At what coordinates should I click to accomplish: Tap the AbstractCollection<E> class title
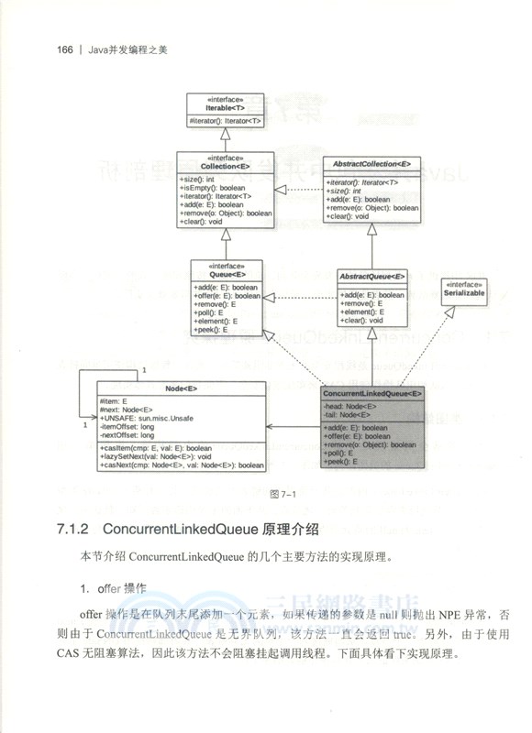coord(371,165)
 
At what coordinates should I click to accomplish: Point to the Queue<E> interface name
coord(227,274)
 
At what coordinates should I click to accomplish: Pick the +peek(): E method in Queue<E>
coord(213,329)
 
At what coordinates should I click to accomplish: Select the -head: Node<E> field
coord(349,405)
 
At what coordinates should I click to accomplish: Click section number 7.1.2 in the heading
coord(73,531)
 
